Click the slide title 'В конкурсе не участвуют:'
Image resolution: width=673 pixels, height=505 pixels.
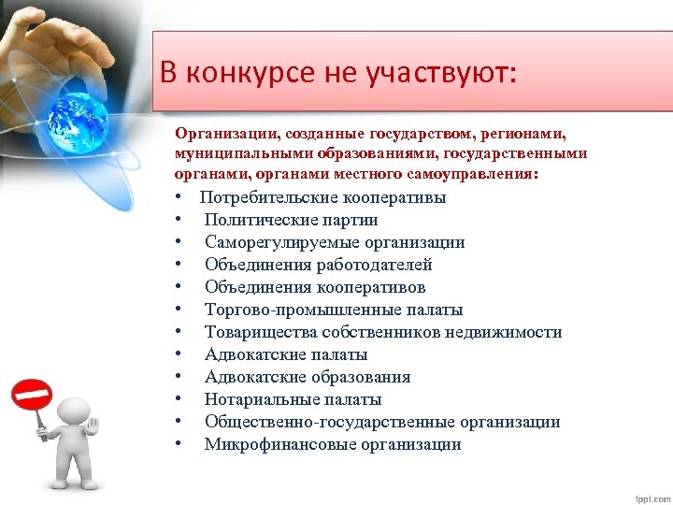tap(336, 73)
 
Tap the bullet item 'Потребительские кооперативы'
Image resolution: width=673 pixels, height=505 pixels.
tap(322, 197)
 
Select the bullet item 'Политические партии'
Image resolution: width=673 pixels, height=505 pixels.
tap(291, 220)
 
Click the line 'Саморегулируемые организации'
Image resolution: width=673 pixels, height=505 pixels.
tap(334, 242)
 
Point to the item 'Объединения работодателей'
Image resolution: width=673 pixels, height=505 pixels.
tap(318, 265)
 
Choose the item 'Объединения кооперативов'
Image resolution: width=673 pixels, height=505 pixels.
tap(315, 287)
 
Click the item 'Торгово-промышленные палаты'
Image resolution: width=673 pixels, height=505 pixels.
tap(333, 310)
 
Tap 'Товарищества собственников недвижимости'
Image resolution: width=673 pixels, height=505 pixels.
tap(382, 332)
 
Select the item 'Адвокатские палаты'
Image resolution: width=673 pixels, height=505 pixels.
tap(285, 354)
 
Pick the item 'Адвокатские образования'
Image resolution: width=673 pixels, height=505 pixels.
tap(307, 377)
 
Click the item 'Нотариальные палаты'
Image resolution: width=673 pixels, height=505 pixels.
tap(293, 399)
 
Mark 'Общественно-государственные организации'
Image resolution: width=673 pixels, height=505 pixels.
tap(381, 422)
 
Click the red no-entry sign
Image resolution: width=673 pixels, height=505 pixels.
tap(32, 395)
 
